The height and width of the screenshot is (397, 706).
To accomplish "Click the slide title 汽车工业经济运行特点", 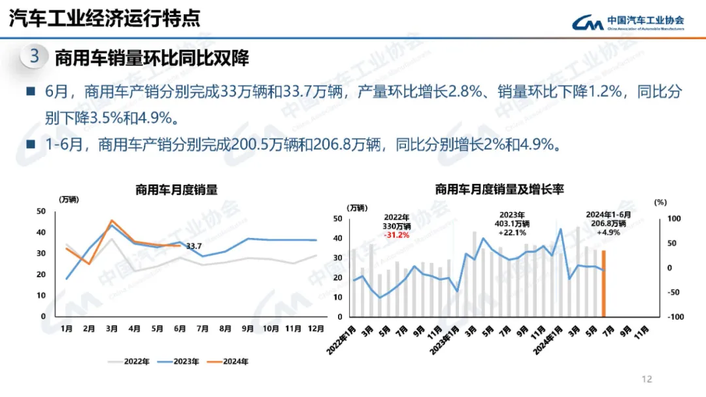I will [x=105, y=18].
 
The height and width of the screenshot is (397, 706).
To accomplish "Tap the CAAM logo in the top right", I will [x=628, y=23].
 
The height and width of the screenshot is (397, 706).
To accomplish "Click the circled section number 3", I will [x=35, y=57].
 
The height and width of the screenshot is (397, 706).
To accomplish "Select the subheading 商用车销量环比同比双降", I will [x=152, y=58].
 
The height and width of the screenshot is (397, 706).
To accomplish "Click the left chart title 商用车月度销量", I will [x=176, y=190].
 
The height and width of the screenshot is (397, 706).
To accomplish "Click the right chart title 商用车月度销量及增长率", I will [x=499, y=190].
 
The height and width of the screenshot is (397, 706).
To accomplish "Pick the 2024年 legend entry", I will [x=233, y=360].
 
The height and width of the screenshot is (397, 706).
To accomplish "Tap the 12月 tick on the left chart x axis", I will [x=316, y=328].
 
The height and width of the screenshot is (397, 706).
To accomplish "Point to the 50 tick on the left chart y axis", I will [x=41, y=211].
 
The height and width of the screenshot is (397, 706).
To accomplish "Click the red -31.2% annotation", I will [x=396, y=234].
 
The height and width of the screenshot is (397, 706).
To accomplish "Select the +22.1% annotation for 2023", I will [x=513, y=232].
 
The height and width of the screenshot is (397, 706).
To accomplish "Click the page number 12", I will [x=648, y=379].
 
